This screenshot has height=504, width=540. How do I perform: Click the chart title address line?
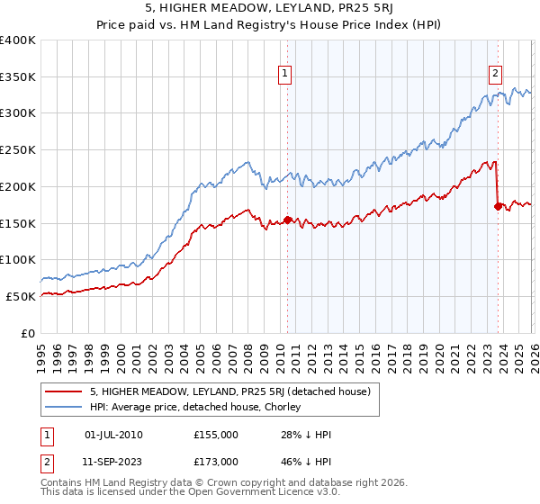click(270, 9)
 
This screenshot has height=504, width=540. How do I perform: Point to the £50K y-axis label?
click(20, 296)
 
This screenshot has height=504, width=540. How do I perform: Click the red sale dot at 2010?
click(287, 220)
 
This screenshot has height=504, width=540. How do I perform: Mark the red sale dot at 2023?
click(498, 206)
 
